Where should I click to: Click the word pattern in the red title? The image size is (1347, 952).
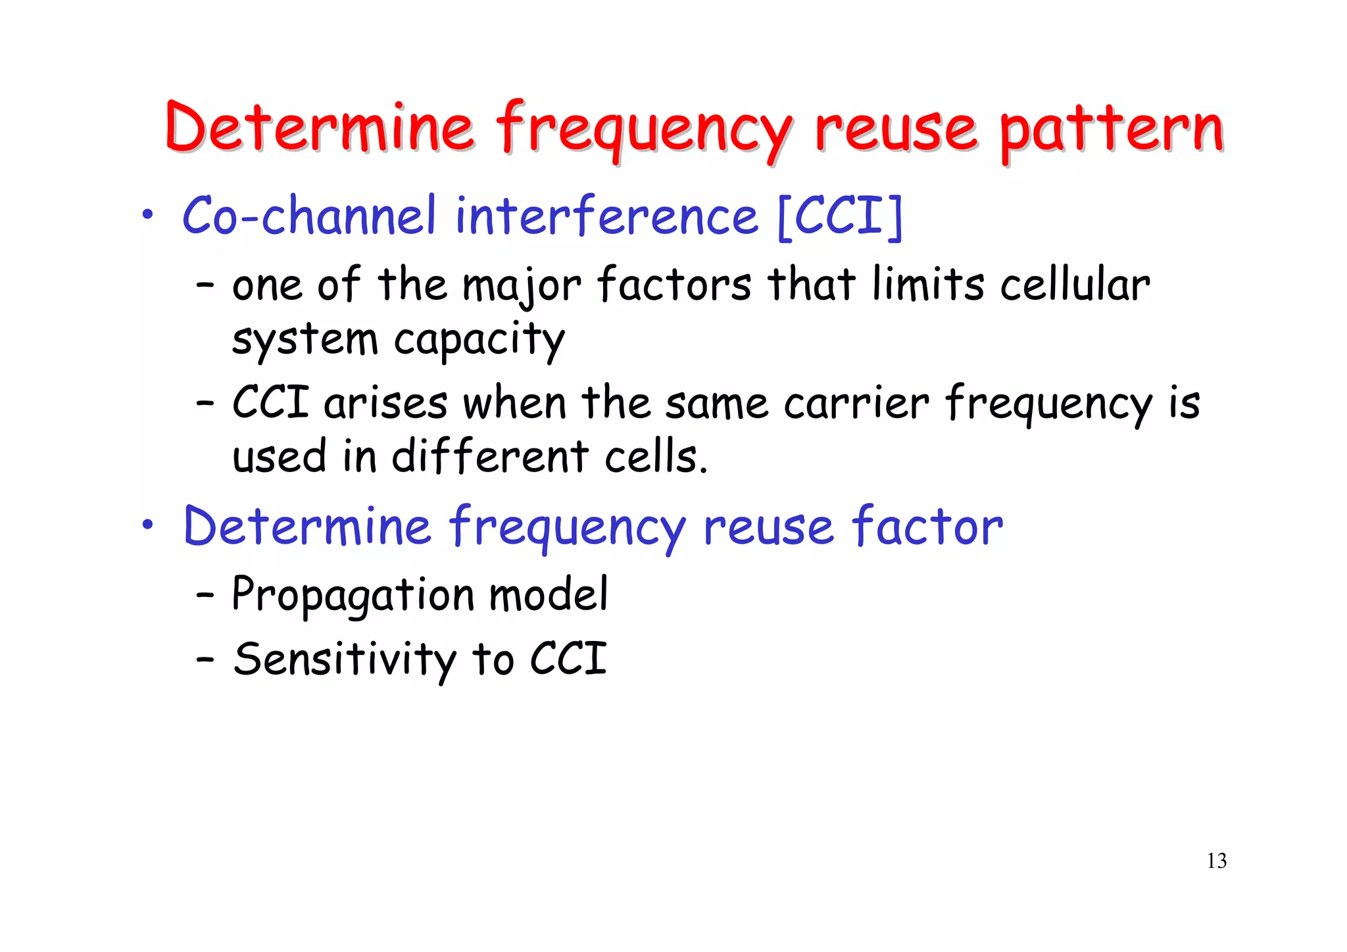point(1112,130)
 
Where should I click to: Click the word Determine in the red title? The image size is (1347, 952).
point(320,128)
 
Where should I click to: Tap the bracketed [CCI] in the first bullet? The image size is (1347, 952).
point(840,216)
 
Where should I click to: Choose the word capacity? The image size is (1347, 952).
point(479,341)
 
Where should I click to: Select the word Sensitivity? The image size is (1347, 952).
point(345,659)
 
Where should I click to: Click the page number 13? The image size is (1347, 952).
point(1216,861)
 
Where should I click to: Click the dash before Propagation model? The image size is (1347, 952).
point(205,595)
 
